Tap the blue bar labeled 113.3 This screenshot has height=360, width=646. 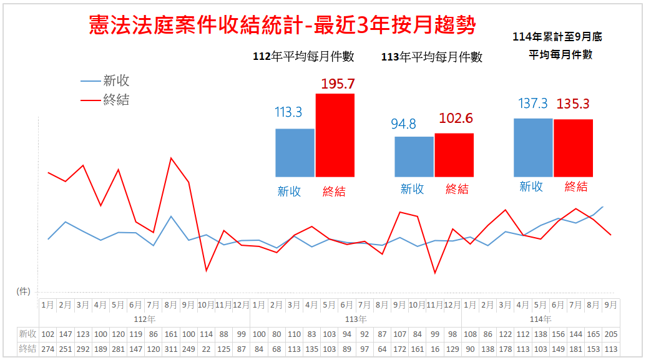pos(295,152)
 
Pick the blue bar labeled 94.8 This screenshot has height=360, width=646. pos(414,156)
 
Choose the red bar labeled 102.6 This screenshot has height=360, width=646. pos(454,155)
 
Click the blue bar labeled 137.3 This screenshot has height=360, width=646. pos(533,147)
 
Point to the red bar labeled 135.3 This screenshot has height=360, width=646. pos(573,147)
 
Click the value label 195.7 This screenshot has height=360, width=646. pos(338,84)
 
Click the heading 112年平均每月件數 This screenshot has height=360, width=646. pos(304,57)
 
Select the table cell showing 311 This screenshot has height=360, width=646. pos(170,349)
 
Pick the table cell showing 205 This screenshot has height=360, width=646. pos(610,334)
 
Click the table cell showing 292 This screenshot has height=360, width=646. pos(82,349)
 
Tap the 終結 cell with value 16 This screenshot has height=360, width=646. pos(434,349)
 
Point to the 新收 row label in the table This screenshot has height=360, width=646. pos(27,334)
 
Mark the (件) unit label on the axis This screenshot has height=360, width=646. pos(23,291)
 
